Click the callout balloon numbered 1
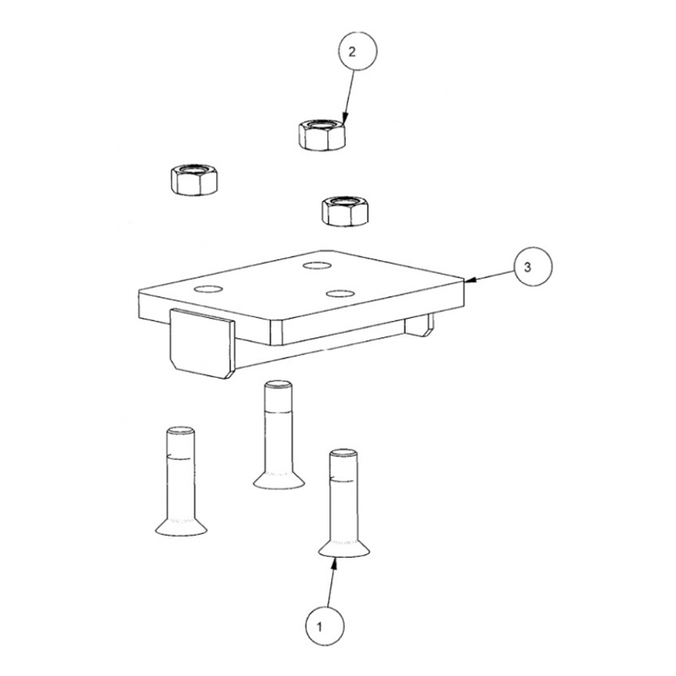[324, 626]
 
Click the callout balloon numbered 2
[357, 51]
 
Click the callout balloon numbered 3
[532, 266]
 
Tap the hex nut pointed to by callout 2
[322, 135]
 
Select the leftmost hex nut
[194, 179]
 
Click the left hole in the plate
[208, 289]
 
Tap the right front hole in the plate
[341, 293]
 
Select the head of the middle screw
[279, 480]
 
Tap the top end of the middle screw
[279, 384]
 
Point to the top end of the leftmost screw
[180, 430]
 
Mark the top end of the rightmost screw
[343, 453]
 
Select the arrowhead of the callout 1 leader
[335, 563]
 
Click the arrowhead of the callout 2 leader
[344, 118]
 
